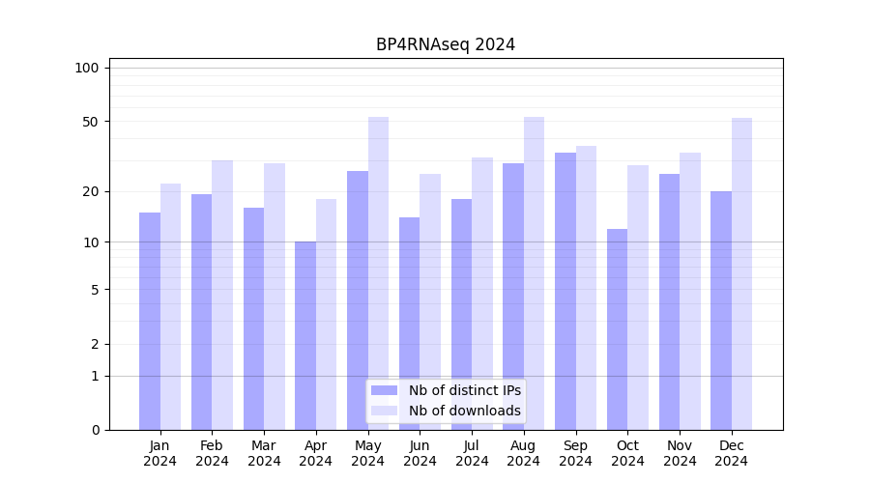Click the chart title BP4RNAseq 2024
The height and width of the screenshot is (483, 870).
point(446,44)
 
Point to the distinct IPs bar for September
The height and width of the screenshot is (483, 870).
point(565,291)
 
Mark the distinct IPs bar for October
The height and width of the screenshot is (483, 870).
point(617,329)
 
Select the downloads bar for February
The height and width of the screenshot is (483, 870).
point(222,295)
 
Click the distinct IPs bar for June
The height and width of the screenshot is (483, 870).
point(409,324)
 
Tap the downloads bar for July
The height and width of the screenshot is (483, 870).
point(481,294)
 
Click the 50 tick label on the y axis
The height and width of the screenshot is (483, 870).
point(91,122)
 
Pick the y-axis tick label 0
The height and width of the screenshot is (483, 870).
point(95,430)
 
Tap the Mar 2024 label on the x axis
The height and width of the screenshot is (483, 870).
point(264,453)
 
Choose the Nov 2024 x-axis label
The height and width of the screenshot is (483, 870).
point(680,453)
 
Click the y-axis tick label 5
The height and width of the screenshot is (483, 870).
point(95,289)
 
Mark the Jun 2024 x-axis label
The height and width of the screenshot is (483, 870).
point(420,453)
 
